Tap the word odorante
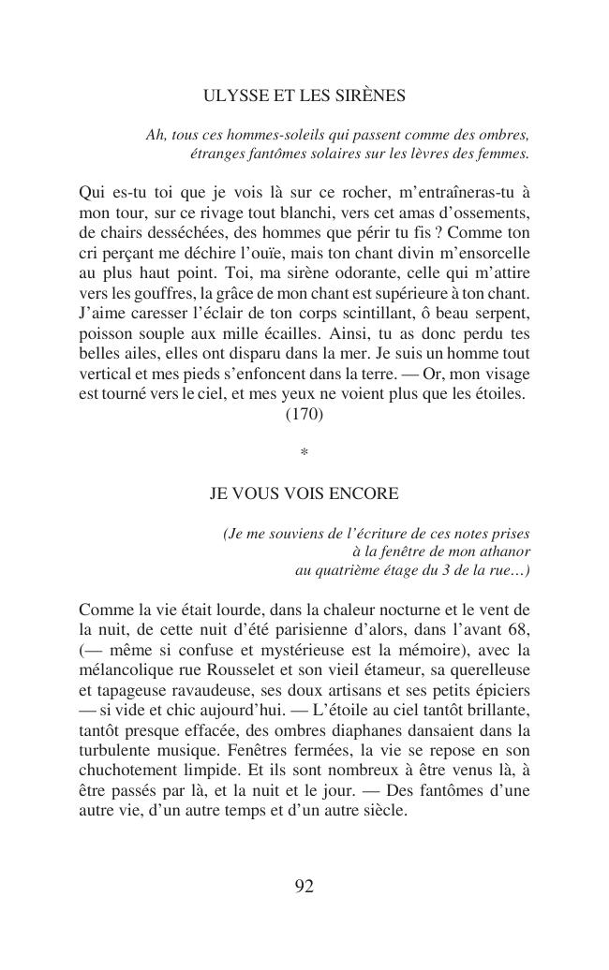304,273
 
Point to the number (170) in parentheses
304,414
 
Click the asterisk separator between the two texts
304,454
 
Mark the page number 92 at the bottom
304,887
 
